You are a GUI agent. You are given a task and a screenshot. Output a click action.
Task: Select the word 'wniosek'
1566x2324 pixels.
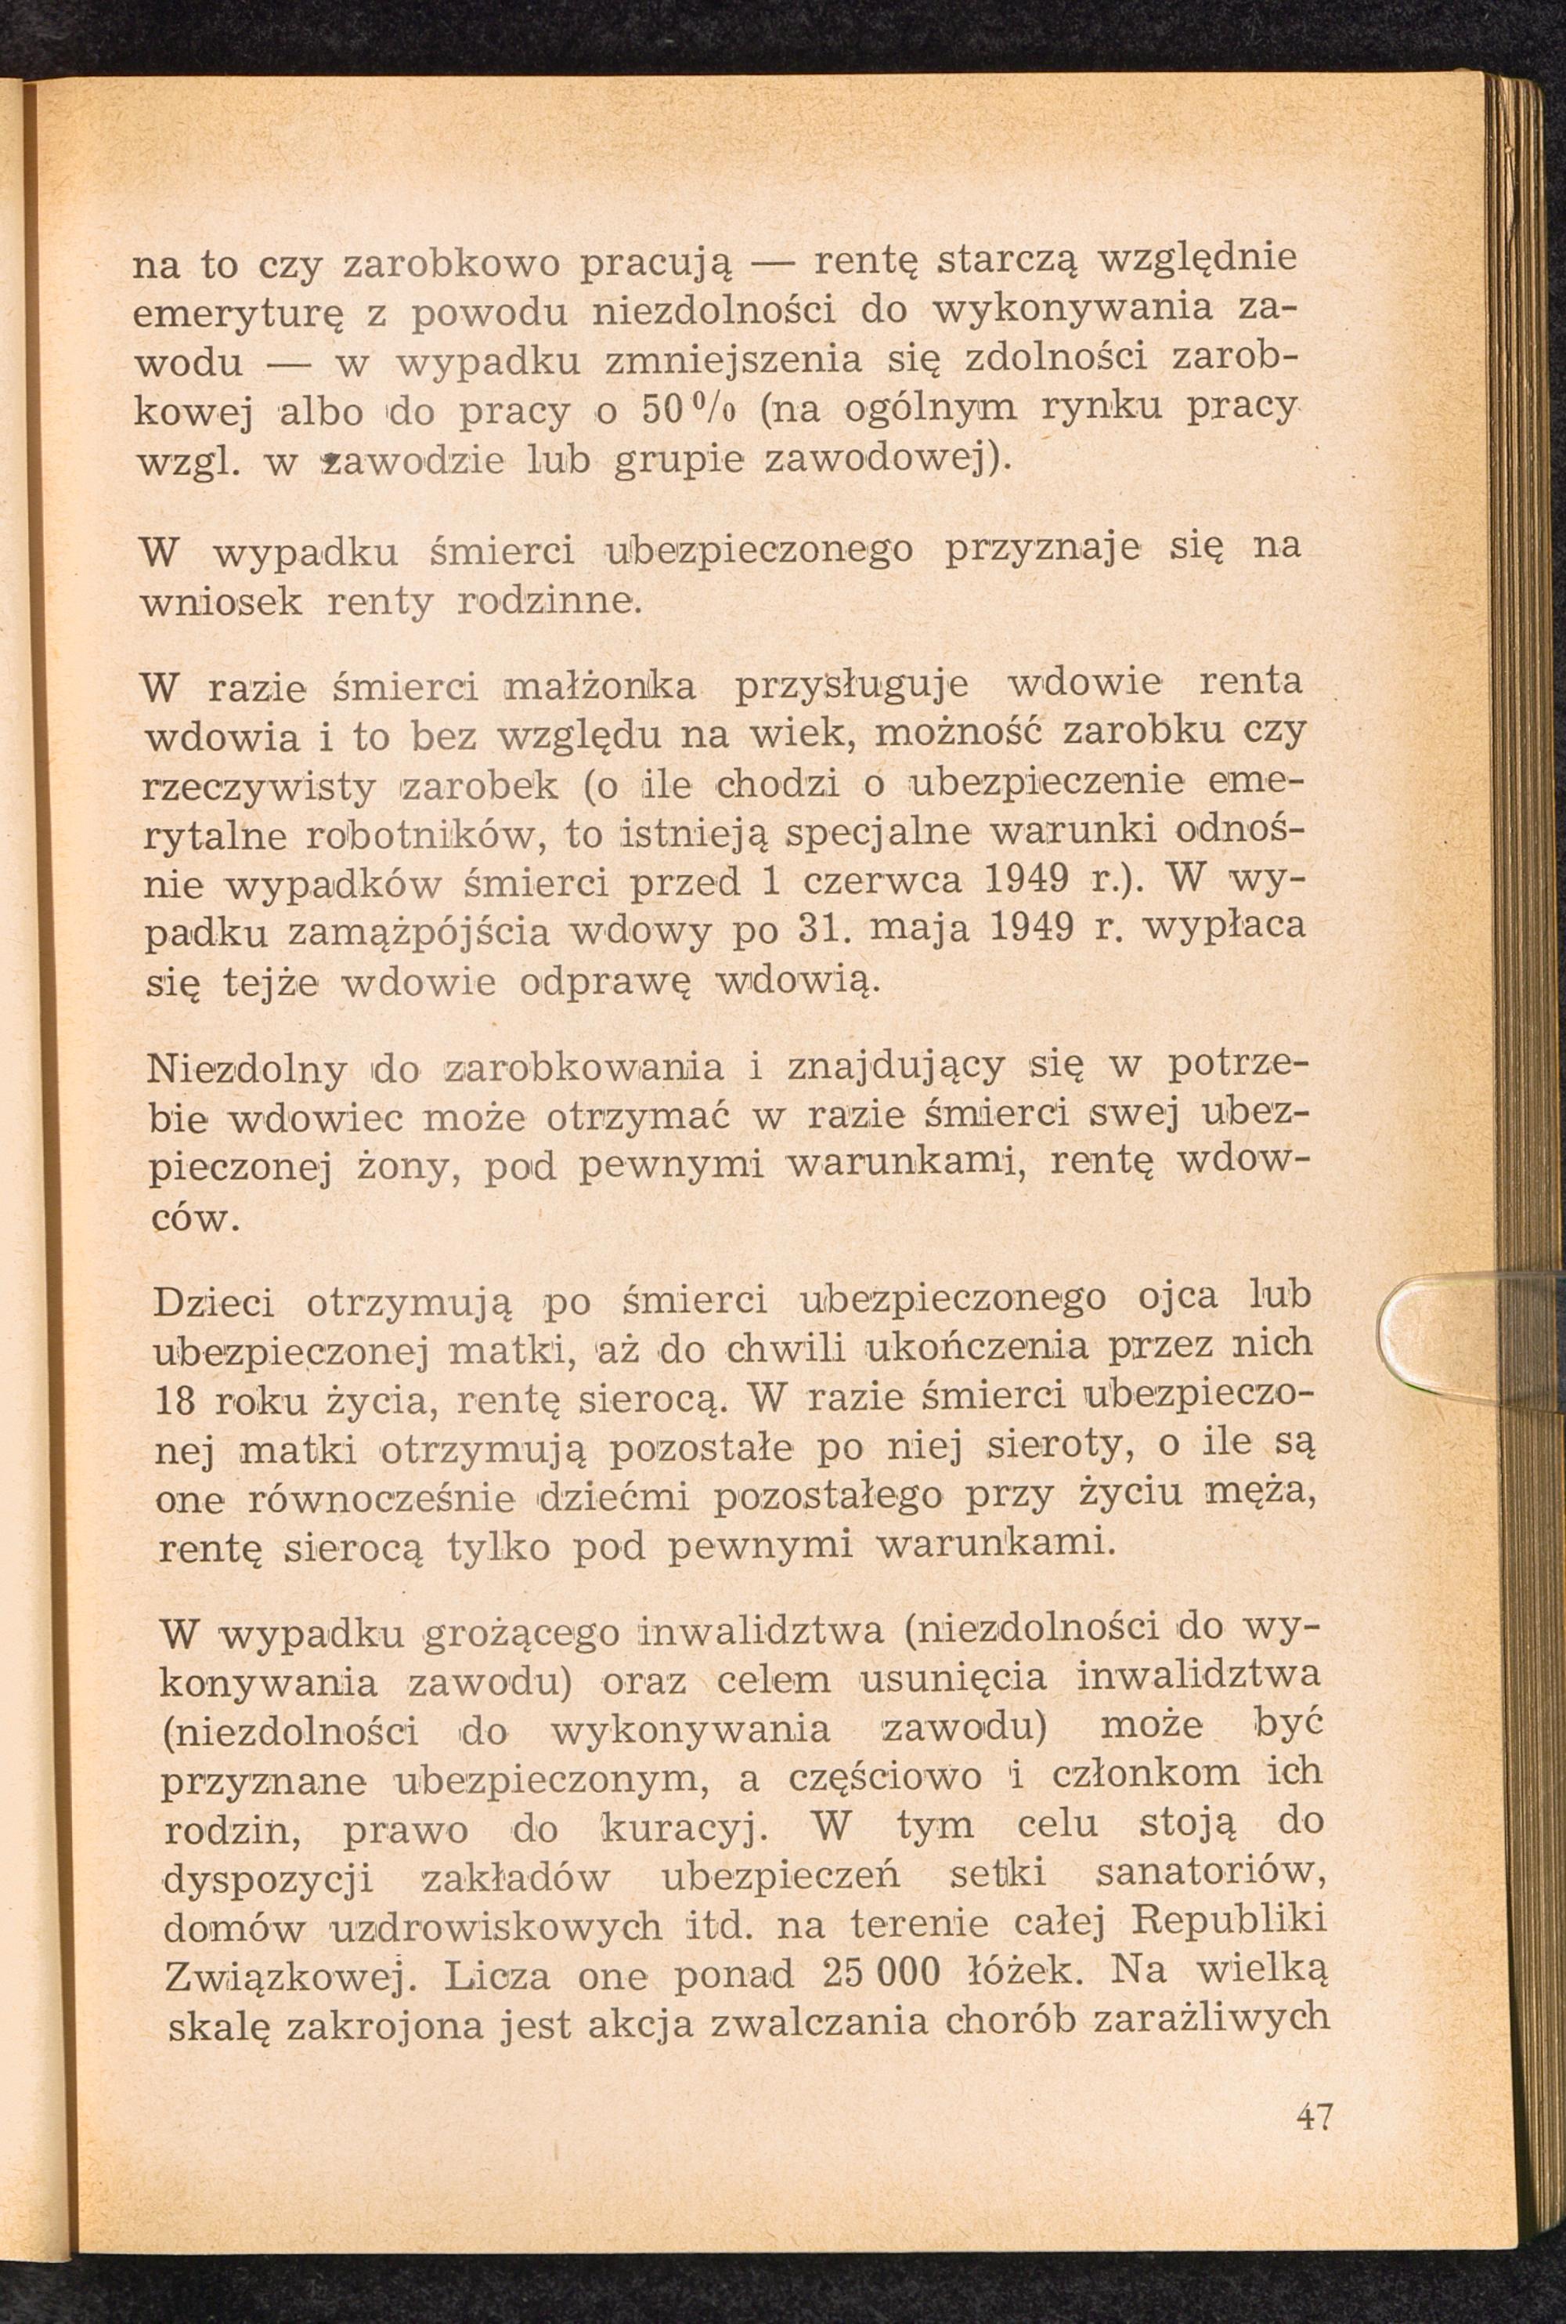point(222,603)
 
